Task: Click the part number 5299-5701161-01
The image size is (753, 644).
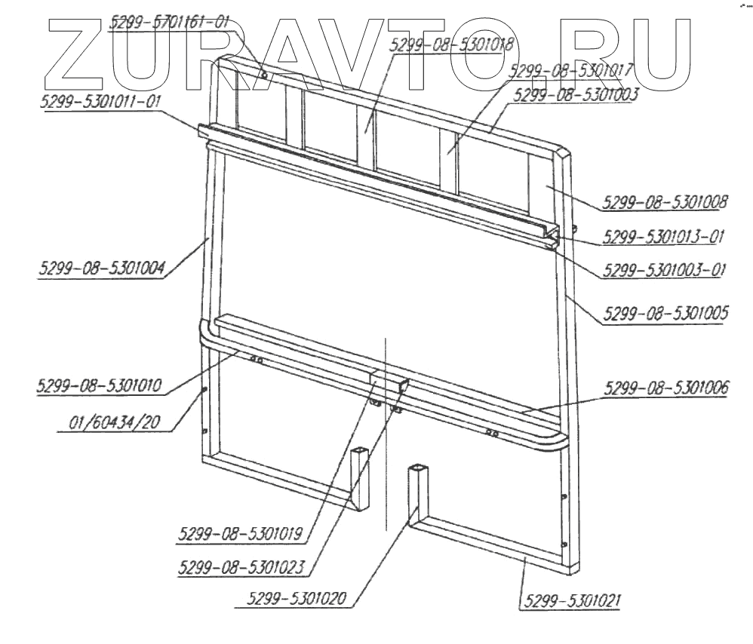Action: [x=168, y=23]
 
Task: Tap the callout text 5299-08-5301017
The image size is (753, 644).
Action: [x=570, y=72]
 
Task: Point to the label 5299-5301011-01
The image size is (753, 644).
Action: [x=100, y=101]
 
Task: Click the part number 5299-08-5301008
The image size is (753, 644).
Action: [x=665, y=203]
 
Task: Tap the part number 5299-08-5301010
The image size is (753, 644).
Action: [x=101, y=385]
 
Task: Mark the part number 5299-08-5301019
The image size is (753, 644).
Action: [x=241, y=534]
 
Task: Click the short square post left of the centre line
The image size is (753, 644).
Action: [x=361, y=477]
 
